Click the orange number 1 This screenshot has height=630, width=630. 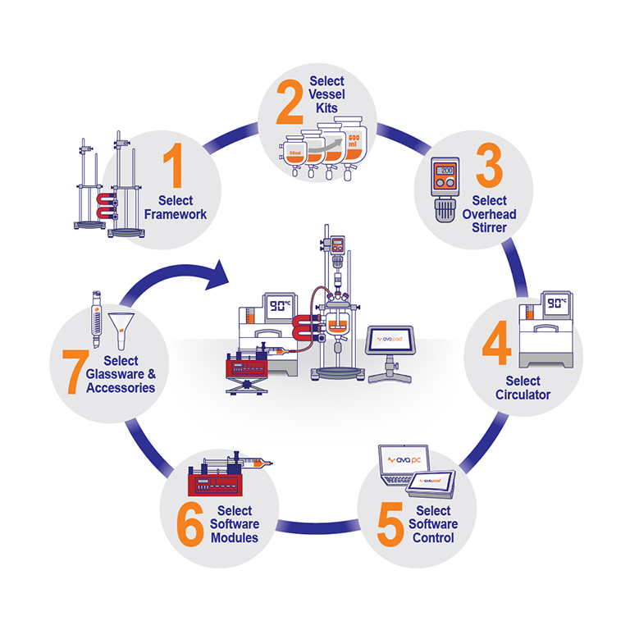[173, 165]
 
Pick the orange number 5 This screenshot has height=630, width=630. [391, 523]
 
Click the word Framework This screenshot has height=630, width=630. [176, 215]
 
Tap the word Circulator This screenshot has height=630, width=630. [523, 395]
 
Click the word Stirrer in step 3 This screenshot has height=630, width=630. [488, 227]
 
